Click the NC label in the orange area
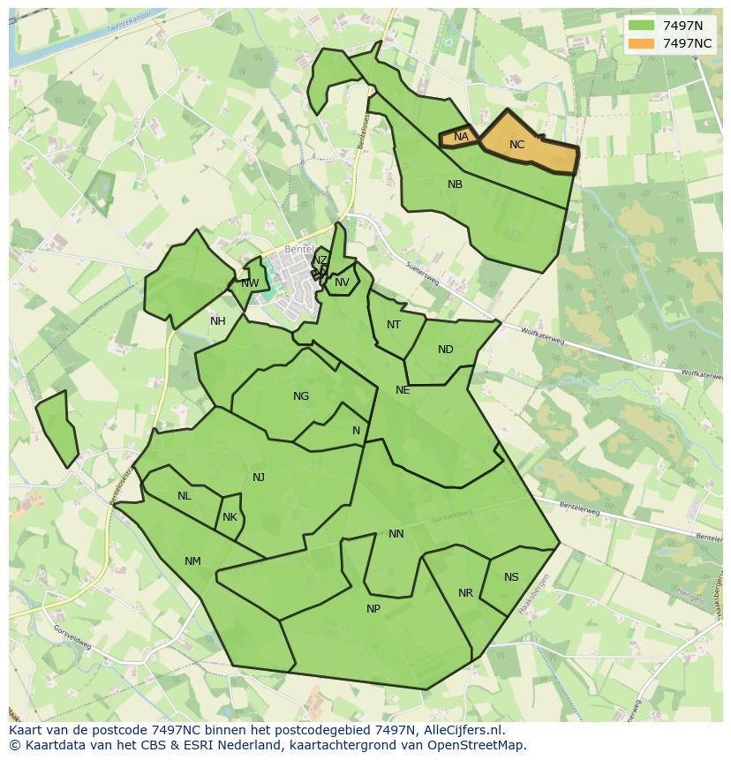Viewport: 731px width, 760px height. pos(517,145)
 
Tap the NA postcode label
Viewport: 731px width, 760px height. pos(461,137)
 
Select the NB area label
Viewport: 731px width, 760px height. pos(455,184)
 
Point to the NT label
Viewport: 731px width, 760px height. pos(394,325)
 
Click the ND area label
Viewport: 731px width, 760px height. pos(446,350)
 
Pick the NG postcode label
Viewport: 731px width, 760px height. pos(301,396)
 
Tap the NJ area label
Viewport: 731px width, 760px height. pos(259,478)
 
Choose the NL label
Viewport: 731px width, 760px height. pos(184,496)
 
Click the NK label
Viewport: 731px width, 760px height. pos(230,517)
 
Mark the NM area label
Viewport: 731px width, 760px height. pos(192,561)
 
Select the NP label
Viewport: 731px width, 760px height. pos(373,609)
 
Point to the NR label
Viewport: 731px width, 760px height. pos(465,593)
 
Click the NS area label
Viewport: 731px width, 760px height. pos(511,577)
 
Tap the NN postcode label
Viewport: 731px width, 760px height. pos(396,534)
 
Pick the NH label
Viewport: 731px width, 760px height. pos(218,321)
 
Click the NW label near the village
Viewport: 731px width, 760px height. pos(250,283)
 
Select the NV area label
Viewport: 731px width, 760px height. pos(342,282)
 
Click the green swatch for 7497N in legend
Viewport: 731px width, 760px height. pos(641,26)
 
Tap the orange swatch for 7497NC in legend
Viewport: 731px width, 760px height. pos(641,43)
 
